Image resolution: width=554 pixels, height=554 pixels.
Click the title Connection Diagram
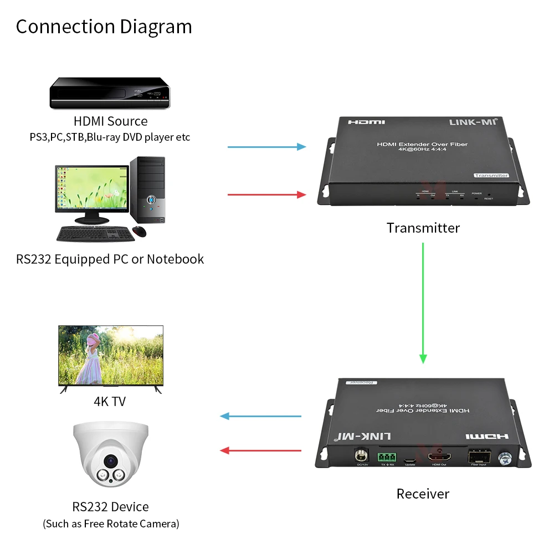click(x=104, y=27)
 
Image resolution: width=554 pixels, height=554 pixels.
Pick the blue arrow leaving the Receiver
click(x=260, y=416)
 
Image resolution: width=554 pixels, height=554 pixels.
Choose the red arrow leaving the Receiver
click(x=260, y=450)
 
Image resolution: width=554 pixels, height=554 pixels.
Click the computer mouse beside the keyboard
click(x=140, y=232)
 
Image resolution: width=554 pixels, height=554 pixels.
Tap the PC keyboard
click(x=95, y=234)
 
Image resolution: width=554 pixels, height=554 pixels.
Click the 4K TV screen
click(x=111, y=355)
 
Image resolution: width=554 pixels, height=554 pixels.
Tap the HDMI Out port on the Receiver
click(x=438, y=458)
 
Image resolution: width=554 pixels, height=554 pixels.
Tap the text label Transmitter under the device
click(x=423, y=228)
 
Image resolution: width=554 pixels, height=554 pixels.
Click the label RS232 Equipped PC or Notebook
click(x=110, y=259)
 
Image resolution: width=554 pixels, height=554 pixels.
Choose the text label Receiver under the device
click(x=423, y=494)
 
